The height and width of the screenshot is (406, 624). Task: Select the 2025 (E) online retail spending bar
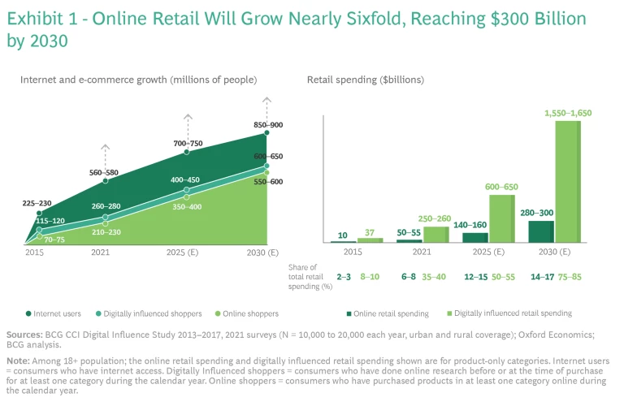click(475, 238)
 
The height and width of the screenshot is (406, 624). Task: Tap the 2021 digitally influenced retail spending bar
click(435, 235)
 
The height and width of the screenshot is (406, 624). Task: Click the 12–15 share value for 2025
click(475, 277)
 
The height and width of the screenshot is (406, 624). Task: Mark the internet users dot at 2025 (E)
click(187, 153)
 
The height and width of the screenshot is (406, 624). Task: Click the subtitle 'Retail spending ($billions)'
click(365, 80)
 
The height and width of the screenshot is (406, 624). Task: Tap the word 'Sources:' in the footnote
click(24, 335)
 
